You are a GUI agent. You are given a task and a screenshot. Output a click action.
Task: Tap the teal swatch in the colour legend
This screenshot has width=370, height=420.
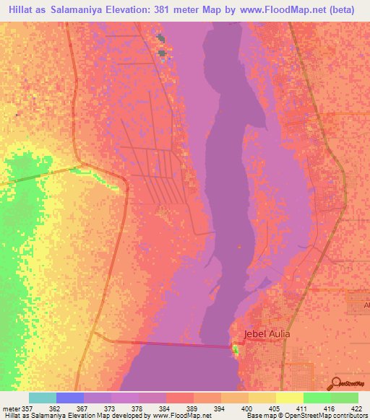coord(43,398)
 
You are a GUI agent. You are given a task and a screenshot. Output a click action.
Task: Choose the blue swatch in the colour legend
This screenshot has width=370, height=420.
coord(70,398)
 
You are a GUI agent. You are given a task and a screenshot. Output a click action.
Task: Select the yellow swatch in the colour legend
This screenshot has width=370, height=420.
coord(289,398)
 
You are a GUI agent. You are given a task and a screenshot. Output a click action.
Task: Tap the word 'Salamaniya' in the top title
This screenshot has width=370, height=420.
coord(76,10)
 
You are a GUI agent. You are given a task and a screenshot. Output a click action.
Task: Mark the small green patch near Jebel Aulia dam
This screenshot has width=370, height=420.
coord(234,349)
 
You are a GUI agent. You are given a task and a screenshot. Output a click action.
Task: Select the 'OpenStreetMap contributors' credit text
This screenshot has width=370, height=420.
coord(323,416)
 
